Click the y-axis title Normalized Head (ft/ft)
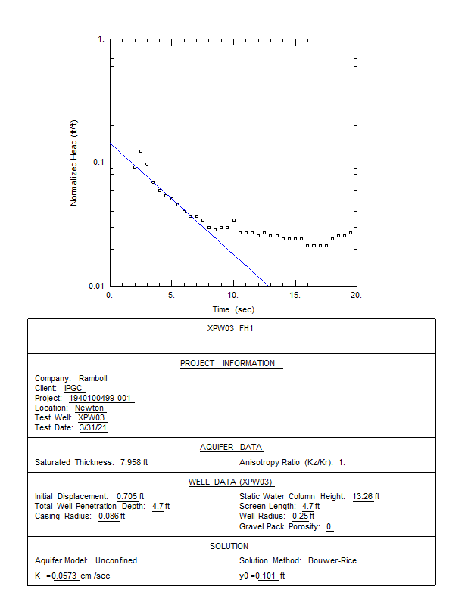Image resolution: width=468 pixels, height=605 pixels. click(74, 163)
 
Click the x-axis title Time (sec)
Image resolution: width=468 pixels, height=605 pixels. click(233, 309)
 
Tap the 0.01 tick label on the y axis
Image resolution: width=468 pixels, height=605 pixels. click(96, 286)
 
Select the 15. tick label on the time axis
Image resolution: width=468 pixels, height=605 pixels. click(295, 295)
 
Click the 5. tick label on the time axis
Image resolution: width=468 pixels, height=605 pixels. click(172, 295)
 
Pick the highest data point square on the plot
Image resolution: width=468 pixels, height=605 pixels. click(141, 151)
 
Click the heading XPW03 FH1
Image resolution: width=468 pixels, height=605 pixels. click(232, 329)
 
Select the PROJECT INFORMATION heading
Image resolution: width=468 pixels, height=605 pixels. click(227, 364)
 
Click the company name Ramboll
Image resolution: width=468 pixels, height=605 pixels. click(94, 378)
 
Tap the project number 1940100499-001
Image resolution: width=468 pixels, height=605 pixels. click(101, 398)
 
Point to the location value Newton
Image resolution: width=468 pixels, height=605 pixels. click(89, 408)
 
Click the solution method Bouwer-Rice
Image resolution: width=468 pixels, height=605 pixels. click(332, 561)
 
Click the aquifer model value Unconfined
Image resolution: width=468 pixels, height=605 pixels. click(117, 561)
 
